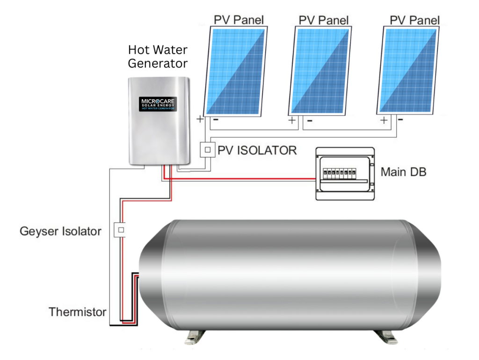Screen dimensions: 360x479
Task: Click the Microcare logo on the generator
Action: point(159,103)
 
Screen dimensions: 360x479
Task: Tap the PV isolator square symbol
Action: point(207,150)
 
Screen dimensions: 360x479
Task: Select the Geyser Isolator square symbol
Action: point(121,230)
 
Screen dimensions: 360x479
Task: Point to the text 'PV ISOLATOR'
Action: point(257,150)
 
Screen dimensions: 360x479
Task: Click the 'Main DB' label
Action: point(403,172)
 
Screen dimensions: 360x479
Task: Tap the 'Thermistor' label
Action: point(77,312)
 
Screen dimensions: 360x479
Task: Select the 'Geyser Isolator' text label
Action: point(60,231)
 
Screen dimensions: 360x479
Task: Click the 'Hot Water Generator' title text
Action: point(158,56)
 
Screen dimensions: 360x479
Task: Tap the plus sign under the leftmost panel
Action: point(200,119)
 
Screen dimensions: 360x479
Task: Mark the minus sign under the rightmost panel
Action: point(400,119)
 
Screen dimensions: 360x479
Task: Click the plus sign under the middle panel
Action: point(293,120)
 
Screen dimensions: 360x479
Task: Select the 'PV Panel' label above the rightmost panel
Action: point(414,20)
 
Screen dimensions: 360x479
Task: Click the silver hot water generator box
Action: point(159,122)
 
